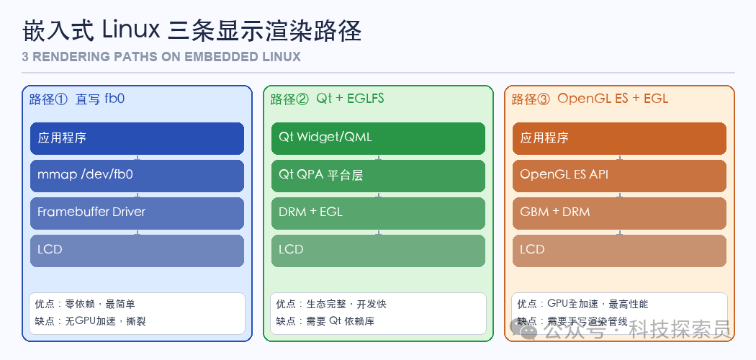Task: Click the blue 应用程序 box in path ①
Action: [137, 138]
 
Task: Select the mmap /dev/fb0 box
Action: [137, 175]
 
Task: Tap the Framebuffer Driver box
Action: [137, 212]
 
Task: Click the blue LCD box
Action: [137, 250]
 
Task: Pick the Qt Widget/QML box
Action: [378, 138]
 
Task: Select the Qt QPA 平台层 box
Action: [378, 175]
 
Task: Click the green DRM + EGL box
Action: [378, 212]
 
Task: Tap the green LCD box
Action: [378, 250]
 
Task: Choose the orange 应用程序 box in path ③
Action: [619, 138]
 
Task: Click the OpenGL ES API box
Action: [619, 175]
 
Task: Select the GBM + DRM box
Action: [619, 212]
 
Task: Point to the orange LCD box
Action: [619, 250]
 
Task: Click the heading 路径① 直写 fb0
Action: [77, 99]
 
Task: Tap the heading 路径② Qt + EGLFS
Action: [328, 99]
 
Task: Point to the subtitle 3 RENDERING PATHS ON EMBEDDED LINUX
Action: [161, 57]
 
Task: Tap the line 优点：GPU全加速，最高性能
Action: [583, 305]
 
